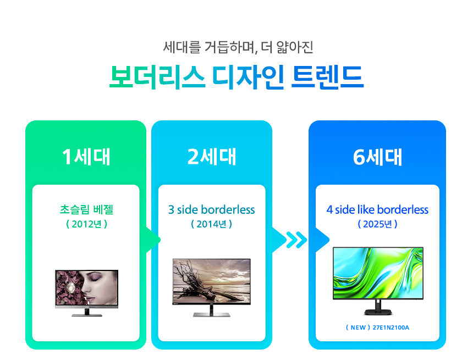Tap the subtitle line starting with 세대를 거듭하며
coord(238,47)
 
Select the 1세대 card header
coord(86,157)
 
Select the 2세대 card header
coord(212,157)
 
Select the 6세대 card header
coord(377,157)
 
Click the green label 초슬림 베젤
coord(86,209)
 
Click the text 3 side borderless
coord(212,209)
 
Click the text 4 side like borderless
coord(377,209)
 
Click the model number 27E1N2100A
coord(391,328)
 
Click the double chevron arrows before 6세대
coord(297,240)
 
